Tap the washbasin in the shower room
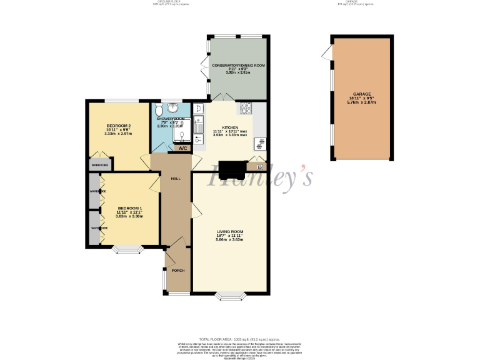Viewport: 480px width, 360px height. (x=173, y=107)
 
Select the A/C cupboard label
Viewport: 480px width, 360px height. (x=182, y=149)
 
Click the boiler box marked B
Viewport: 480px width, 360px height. (x=259, y=167)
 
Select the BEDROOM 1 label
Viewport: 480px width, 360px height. (x=129, y=208)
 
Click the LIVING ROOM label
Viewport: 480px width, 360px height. (x=229, y=232)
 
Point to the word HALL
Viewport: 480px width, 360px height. (x=176, y=179)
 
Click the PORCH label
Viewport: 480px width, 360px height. (x=178, y=271)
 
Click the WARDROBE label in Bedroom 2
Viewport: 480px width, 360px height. (x=100, y=165)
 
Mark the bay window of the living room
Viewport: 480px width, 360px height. (x=231, y=295)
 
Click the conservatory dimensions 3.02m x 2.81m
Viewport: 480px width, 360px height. (x=238, y=72)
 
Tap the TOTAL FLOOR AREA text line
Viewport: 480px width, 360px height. (x=239, y=338)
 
